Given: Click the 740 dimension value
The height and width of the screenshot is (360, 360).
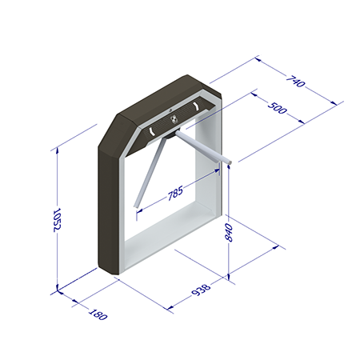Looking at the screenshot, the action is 295,82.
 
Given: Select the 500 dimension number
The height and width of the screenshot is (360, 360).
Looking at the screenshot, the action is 278,108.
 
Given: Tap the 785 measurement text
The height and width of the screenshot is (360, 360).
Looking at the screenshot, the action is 175,193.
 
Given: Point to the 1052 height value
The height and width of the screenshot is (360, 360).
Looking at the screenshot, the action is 58,220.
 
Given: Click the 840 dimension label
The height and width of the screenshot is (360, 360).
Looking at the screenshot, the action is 229,233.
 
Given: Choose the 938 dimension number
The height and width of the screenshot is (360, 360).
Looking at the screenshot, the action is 201,290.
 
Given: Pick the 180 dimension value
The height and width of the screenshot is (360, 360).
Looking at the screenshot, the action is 98,314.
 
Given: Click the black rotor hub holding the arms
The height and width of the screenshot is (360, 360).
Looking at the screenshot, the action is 170,134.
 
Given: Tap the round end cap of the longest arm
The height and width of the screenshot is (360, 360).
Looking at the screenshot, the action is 229,162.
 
